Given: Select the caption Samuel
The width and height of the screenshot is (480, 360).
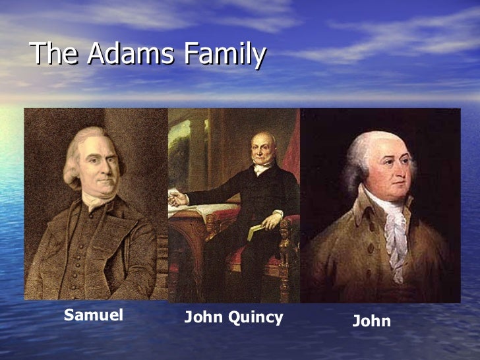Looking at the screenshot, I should tap(94, 315).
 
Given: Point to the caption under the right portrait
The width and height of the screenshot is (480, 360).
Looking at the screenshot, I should tap(371, 321).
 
